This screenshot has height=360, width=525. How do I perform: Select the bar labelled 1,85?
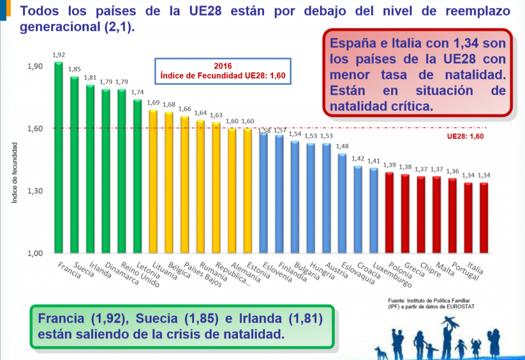point(74,165)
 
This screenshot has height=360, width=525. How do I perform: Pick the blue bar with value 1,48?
point(342,203)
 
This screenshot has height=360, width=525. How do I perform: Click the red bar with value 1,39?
point(389,212)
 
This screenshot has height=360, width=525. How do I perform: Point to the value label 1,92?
point(58,54)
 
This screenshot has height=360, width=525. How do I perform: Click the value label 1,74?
point(137,92)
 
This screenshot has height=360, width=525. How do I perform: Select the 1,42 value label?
point(357,158)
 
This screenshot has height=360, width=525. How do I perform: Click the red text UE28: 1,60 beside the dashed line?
point(466,136)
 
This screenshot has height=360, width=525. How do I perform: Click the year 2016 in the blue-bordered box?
point(223,66)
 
